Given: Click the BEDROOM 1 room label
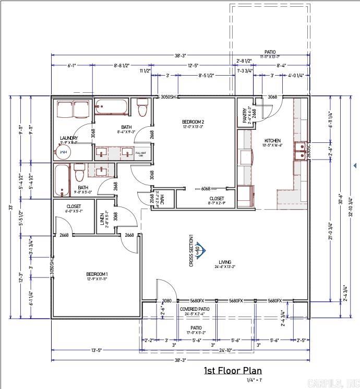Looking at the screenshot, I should point(97,274).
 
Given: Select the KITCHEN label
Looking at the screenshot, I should point(272,141).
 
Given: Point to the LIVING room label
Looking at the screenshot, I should point(225,262).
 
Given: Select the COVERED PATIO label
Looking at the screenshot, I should point(195,309).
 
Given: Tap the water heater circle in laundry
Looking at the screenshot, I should point(63,152).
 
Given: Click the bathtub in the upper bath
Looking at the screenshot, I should point(111,107).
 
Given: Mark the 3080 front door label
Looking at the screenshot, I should point(166,301).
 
